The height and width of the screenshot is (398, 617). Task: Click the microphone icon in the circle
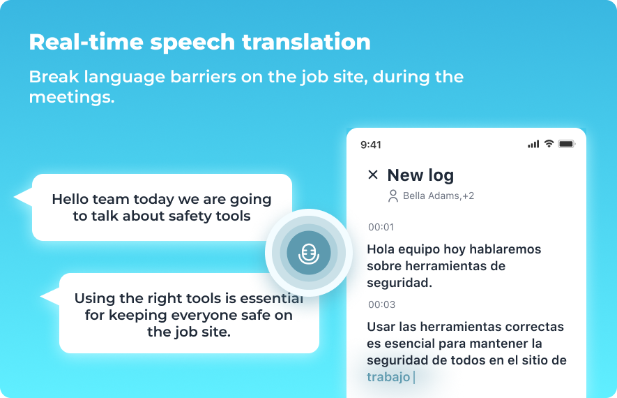click(308, 253)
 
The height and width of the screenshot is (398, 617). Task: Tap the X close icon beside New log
click(372, 175)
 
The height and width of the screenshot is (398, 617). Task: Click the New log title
click(420, 175)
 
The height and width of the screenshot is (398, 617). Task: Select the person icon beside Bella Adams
click(393, 196)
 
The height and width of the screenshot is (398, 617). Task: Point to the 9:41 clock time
click(371, 145)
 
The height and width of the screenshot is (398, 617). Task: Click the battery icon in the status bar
click(567, 144)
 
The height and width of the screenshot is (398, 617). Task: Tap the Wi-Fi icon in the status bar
click(549, 143)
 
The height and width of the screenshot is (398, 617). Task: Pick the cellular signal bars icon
click(533, 145)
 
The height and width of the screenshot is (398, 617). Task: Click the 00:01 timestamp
click(381, 227)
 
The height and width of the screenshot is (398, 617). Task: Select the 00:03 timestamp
click(381, 304)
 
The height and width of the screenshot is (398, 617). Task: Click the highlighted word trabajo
click(388, 377)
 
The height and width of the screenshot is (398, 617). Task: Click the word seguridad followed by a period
click(399, 283)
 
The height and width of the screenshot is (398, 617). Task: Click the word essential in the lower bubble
click(271, 298)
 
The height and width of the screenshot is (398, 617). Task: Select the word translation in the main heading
click(306, 42)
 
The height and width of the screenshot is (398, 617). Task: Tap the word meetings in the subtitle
click(72, 97)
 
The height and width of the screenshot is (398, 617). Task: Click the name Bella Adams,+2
click(439, 196)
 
